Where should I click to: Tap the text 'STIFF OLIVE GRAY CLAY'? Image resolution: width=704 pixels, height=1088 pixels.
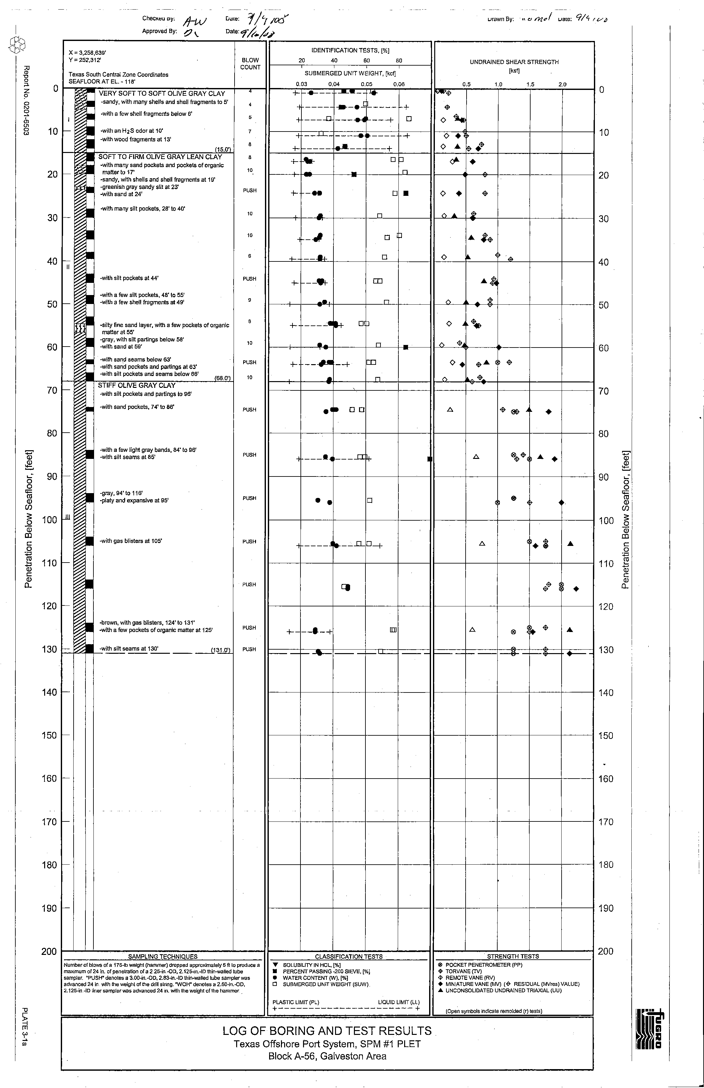(137, 385)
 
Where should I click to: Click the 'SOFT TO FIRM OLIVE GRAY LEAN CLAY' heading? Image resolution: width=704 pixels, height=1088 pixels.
(160, 157)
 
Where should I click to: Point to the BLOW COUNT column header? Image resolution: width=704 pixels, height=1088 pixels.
(250, 64)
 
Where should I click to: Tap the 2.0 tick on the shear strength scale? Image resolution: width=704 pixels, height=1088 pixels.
(562, 84)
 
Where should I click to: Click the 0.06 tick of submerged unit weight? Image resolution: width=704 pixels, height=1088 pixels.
(399, 84)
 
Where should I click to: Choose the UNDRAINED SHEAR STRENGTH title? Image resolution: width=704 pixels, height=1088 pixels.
(514, 62)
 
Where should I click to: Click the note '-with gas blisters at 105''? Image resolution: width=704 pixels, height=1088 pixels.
(131, 541)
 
